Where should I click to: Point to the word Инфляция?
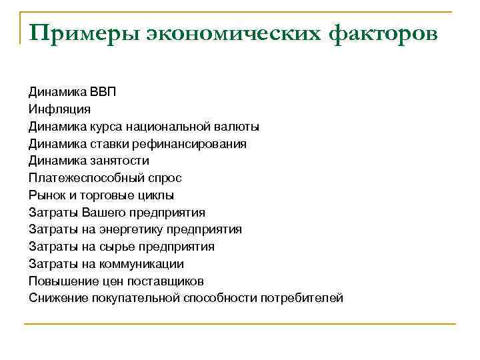tap(59, 109)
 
